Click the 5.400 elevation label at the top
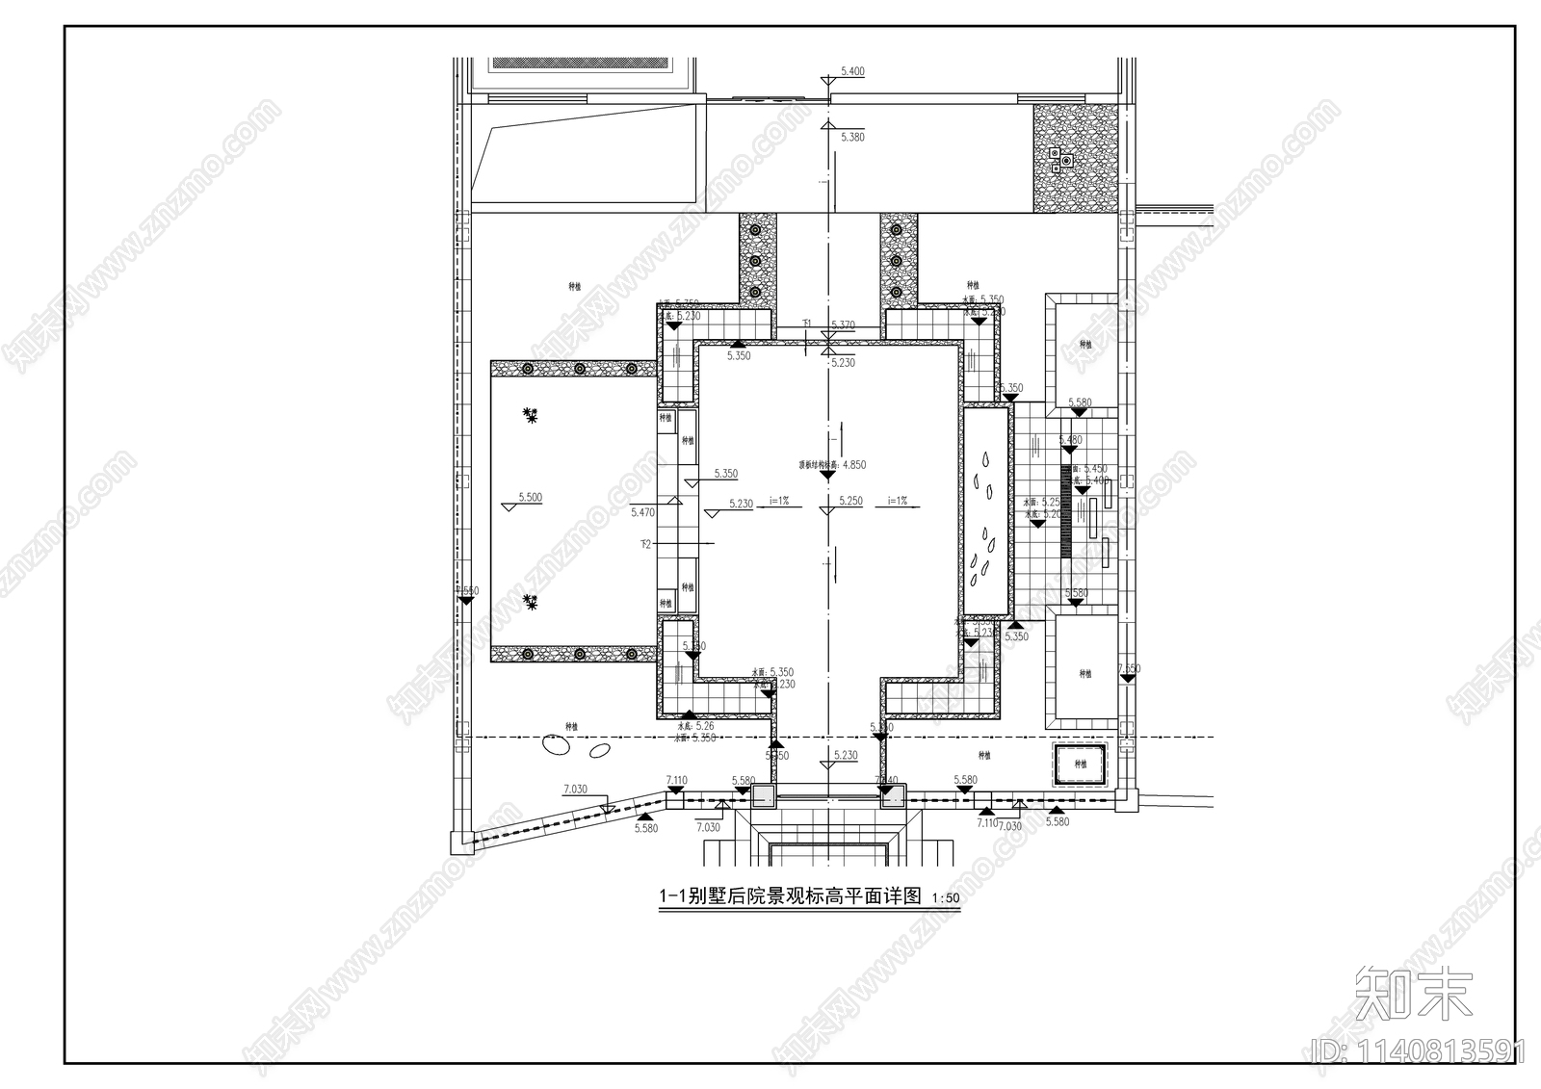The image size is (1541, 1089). coord(852,71)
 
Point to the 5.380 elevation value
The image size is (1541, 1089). coord(852,138)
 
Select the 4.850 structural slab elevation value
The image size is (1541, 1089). coord(853,465)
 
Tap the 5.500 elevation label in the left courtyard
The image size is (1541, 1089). coord(530,498)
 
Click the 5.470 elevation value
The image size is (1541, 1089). coord(642,513)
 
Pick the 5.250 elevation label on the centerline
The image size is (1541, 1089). coord(849,502)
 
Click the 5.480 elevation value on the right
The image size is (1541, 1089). coord(1070,440)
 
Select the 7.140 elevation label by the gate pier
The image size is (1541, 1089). coord(886,780)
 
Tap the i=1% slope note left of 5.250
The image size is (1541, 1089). coord(779,501)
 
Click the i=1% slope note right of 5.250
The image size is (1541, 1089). coord(898,501)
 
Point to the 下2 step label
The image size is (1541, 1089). coord(645,545)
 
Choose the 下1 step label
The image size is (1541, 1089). coord(807,324)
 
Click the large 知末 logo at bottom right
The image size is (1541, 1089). coord(1414,992)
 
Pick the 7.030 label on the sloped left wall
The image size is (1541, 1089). coord(574,790)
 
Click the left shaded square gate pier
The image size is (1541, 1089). coord(763,795)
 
